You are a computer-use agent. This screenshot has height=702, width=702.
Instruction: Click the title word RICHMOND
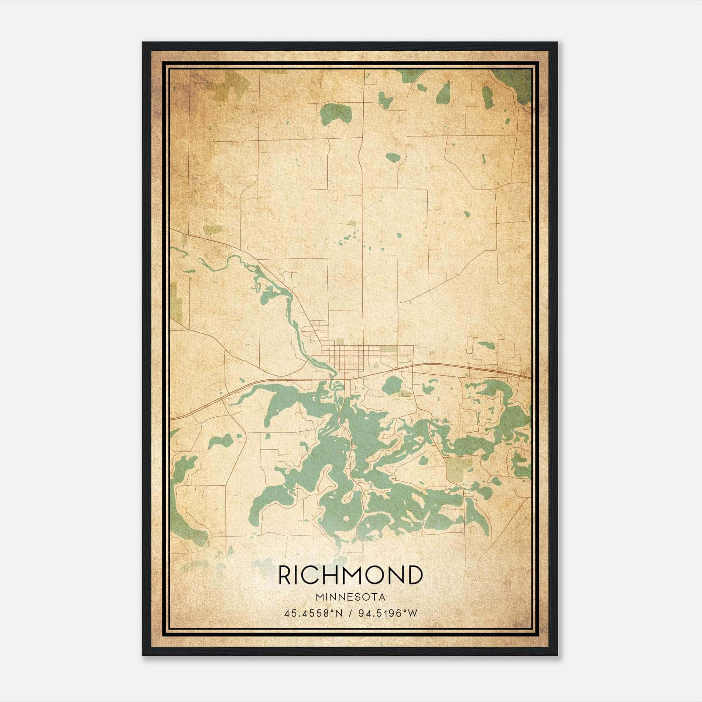(350, 575)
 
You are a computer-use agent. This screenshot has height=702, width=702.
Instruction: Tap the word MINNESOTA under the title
(350, 597)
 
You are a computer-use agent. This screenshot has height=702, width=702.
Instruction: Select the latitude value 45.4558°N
(312, 613)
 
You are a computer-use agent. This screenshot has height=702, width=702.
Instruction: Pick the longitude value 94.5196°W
(388, 613)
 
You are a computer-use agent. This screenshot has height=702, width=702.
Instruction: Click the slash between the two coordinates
(350, 613)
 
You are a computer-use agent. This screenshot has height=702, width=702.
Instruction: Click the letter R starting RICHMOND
(285, 575)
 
